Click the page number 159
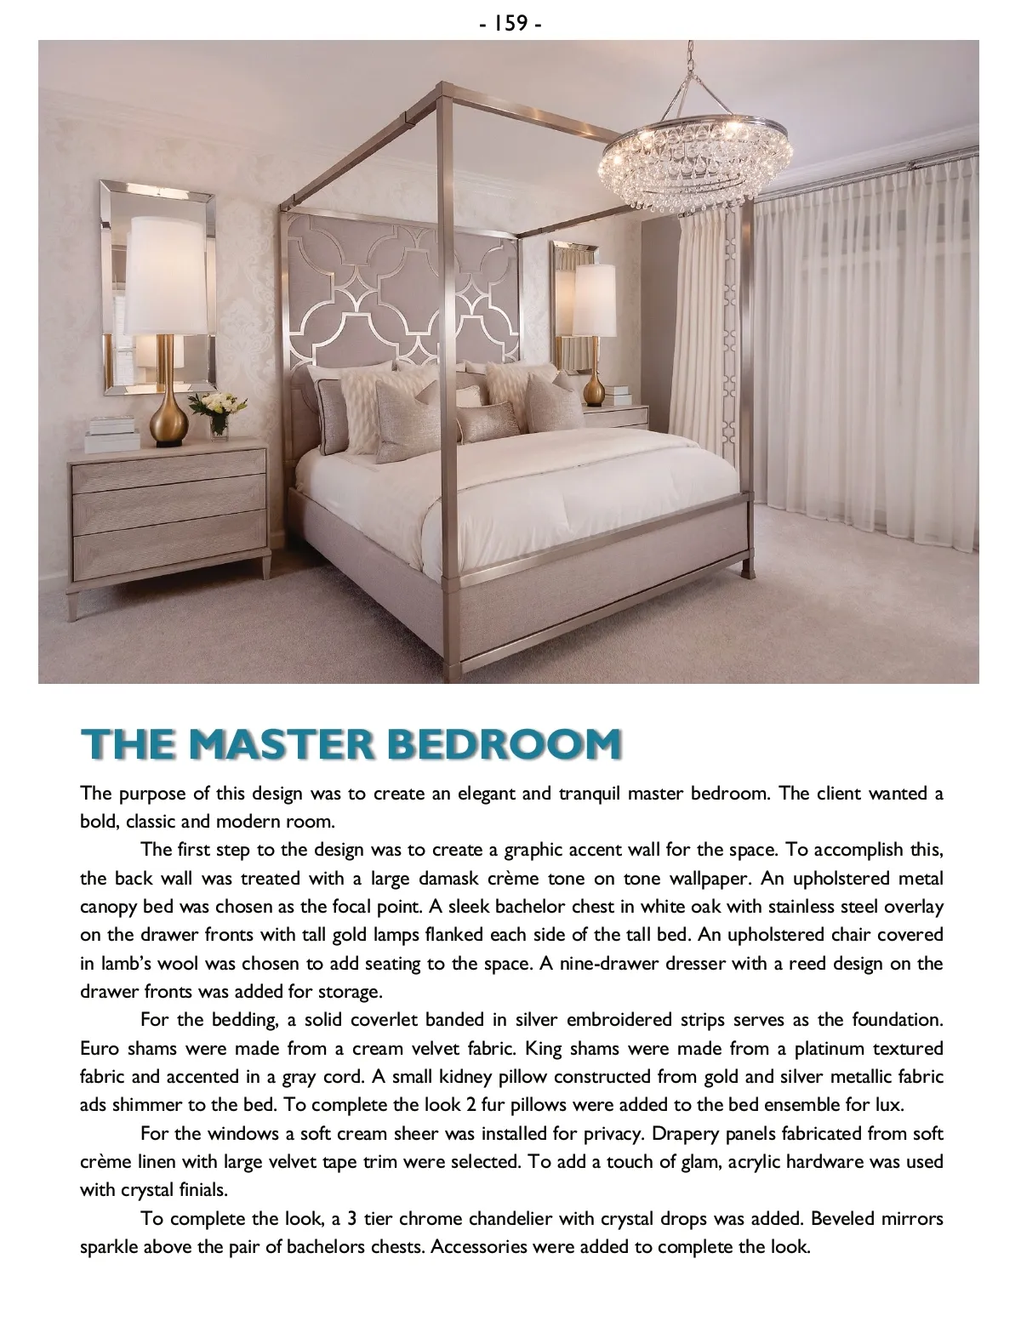(x=510, y=23)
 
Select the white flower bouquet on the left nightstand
(x=212, y=405)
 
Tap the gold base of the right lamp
(x=595, y=387)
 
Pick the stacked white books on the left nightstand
(x=111, y=433)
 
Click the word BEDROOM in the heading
(x=504, y=744)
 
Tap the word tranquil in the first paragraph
(x=590, y=794)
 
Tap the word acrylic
(x=759, y=1161)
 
